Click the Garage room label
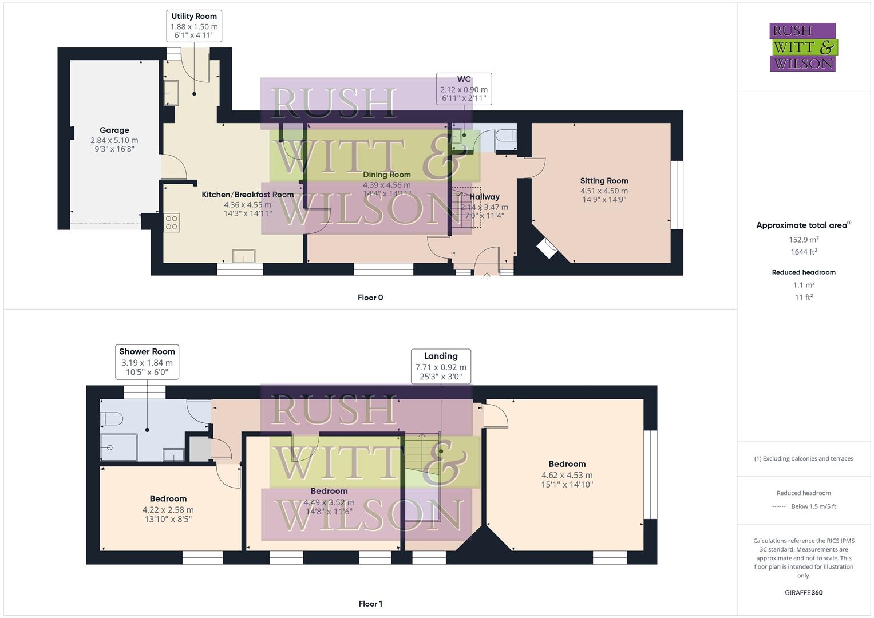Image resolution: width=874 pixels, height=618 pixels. (x=114, y=130)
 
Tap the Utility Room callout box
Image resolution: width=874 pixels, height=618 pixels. (x=194, y=26)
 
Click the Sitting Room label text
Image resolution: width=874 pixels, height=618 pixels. (x=604, y=181)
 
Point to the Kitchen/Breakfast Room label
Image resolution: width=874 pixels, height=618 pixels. (x=247, y=195)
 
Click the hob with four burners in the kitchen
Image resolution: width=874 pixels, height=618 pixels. (x=172, y=222)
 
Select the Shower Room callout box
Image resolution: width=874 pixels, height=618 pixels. (x=147, y=362)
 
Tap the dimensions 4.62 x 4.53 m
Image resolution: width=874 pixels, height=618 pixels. (x=567, y=475)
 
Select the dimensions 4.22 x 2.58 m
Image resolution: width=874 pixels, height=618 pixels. (x=168, y=510)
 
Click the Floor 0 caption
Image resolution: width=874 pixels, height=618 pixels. (x=370, y=298)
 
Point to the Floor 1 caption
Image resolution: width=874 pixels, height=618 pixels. (x=370, y=604)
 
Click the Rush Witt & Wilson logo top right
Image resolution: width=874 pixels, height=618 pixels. (x=802, y=47)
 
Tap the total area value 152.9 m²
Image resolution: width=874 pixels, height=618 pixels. (x=804, y=240)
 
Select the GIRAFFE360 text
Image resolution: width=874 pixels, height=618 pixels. (x=804, y=592)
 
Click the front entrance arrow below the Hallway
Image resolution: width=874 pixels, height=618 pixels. (x=487, y=276)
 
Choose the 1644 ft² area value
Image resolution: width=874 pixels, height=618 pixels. (x=804, y=252)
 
